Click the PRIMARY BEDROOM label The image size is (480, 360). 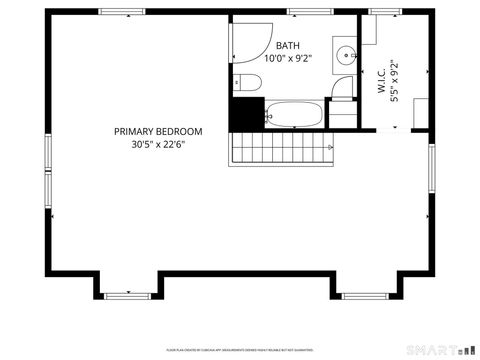click(x=158, y=131)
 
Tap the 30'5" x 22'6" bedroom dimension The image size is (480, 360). click(x=158, y=144)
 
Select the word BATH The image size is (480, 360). click(x=287, y=46)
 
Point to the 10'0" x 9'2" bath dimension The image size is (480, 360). click(x=287, y=59)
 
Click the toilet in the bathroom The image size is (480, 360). click(x=246, y=82)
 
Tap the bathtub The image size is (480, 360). click(x=293, y=113)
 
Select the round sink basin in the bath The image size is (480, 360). click(x=344, y=56)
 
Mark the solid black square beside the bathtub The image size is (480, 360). click(x=245, y=113)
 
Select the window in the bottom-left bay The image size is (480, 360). click(x=126, y=295)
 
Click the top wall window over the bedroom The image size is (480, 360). click(x=115, y=12)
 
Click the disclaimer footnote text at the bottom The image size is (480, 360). click(x=240, y=349)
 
